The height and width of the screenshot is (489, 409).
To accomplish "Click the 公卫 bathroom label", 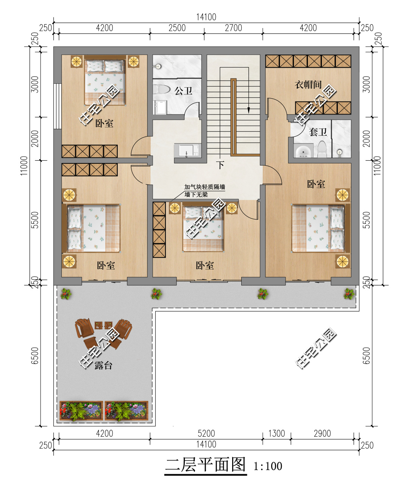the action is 183,91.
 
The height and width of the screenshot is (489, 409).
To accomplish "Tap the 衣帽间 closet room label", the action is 308,85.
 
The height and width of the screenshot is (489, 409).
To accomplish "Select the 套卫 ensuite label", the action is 318,132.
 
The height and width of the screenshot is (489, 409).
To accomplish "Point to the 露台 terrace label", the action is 103,365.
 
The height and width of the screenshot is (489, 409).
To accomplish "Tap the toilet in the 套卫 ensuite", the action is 322,149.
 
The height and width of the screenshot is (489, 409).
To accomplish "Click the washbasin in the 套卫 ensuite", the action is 303,151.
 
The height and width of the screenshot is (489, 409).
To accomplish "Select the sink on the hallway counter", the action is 186,150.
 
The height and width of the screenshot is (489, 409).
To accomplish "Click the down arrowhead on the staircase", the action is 248,110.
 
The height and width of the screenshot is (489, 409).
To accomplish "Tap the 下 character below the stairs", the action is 220,165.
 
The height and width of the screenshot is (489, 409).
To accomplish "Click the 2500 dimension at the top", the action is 177,28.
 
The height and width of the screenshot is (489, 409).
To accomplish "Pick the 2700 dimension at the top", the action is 233,28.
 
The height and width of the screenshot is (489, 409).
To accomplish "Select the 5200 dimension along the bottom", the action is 206,434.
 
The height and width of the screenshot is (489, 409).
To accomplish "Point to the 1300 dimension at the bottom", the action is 276,434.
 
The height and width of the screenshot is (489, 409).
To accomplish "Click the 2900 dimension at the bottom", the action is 322,434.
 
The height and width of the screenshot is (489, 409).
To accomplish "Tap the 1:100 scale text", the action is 268,466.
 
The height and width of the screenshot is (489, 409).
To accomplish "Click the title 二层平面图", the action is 205,465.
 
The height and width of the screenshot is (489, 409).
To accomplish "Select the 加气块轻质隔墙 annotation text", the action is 204,187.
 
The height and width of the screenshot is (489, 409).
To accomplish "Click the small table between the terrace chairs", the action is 103,325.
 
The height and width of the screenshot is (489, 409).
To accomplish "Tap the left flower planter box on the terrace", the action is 81,411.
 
